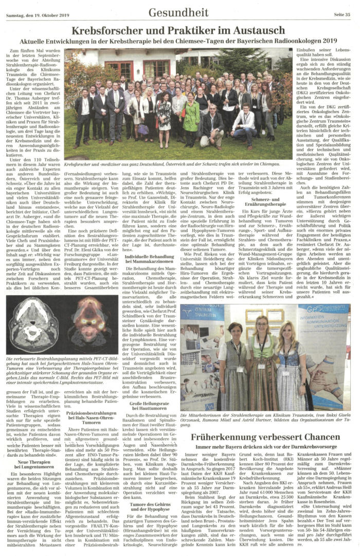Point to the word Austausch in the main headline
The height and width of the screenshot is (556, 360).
pos(259,30)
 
